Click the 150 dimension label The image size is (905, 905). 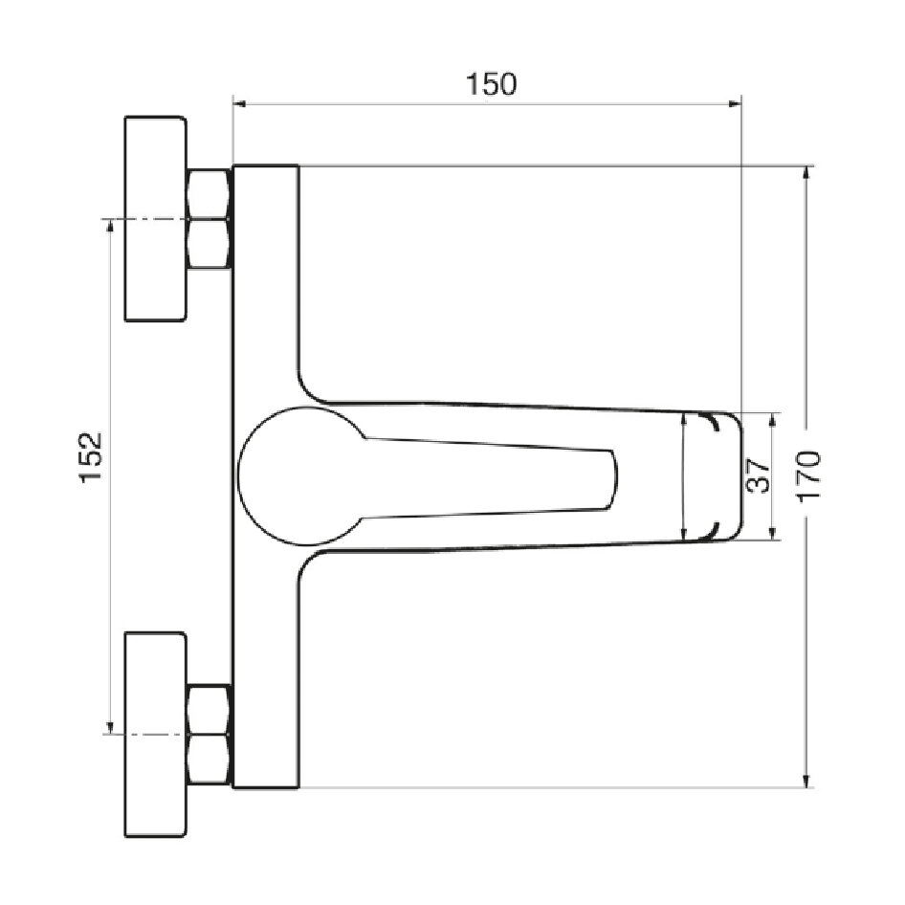491,84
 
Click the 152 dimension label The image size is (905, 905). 91,456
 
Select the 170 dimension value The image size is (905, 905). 809,476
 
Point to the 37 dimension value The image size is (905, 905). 758,475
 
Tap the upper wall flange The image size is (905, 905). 156,219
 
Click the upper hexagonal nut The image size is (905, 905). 210,219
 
